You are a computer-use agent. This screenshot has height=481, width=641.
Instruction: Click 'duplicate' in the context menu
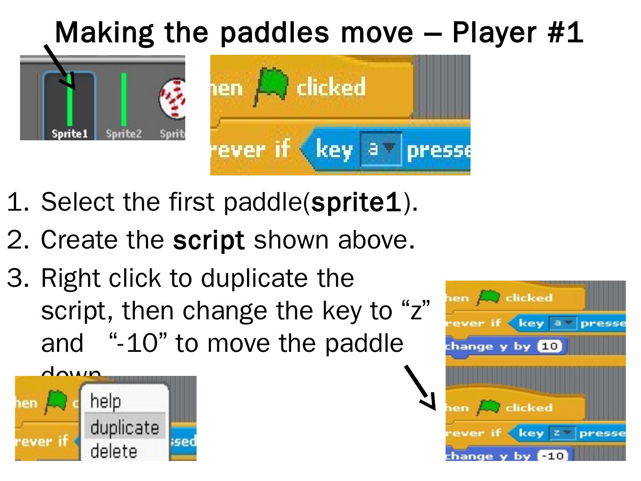point(125,428)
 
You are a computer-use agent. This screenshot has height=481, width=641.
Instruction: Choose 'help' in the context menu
point(105,401)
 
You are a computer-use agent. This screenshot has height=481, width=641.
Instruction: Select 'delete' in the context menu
point(114,451)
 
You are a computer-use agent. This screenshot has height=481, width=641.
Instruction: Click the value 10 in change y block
point(551,346)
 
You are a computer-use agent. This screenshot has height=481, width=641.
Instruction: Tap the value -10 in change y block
point(552,456)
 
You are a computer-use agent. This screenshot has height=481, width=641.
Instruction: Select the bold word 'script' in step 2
point(209,240)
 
